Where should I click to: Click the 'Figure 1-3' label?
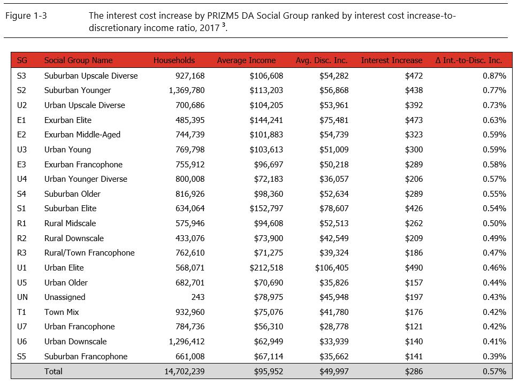[26, 16]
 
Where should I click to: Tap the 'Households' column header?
[174, 60]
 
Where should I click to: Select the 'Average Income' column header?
[246, 60]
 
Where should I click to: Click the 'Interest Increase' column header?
[391, 60]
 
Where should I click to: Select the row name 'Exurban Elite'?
[67, 120]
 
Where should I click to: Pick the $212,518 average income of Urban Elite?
[266, 268]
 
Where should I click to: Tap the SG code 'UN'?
[22, 297]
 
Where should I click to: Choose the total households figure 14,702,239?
[180, 371]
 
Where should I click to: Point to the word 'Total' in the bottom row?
[53, 371]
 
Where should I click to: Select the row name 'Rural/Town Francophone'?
[89, 253]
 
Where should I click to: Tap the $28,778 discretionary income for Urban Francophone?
[334, 327]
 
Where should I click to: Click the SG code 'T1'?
[21, 312]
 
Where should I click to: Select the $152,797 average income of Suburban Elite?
[266, 209]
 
